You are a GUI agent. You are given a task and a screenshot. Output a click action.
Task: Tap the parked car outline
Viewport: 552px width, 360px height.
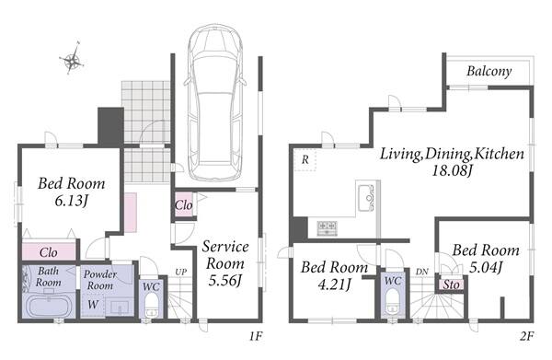point(215,102)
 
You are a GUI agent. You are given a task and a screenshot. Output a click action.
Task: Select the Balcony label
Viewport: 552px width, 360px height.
point(489,71)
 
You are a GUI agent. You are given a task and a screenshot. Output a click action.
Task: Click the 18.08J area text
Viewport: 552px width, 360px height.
point(452,171)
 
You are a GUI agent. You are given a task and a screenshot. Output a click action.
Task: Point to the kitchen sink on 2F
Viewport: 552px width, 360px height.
point(366,198)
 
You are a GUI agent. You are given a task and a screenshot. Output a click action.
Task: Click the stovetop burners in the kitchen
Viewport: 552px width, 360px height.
point(327,228)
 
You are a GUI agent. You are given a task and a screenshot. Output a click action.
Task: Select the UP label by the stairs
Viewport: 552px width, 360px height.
point(181,272)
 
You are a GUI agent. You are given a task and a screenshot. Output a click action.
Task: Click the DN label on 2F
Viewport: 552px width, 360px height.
point(422,272)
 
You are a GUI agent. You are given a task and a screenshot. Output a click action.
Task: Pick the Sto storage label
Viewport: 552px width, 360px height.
point(451,285)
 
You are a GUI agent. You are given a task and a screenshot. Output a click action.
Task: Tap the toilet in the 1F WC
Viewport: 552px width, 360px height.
point(152,306)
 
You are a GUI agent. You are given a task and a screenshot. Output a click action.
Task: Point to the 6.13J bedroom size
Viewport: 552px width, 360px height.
point(71,201)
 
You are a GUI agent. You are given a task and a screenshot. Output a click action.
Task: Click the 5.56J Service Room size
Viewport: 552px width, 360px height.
point(225,281)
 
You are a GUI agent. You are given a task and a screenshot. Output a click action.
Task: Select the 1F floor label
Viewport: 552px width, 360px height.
point(256,336)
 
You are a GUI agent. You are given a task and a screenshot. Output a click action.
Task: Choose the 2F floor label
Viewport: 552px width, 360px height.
point(526,336)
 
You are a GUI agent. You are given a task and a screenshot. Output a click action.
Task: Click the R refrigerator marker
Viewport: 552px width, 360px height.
point(305,160)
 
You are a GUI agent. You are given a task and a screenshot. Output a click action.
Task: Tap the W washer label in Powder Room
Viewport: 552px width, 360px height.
point(93,305)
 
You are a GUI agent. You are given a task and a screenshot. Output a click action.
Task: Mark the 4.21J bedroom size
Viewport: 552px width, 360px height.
point(335,285)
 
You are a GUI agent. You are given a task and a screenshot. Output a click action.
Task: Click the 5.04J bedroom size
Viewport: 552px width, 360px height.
point(486,267)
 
